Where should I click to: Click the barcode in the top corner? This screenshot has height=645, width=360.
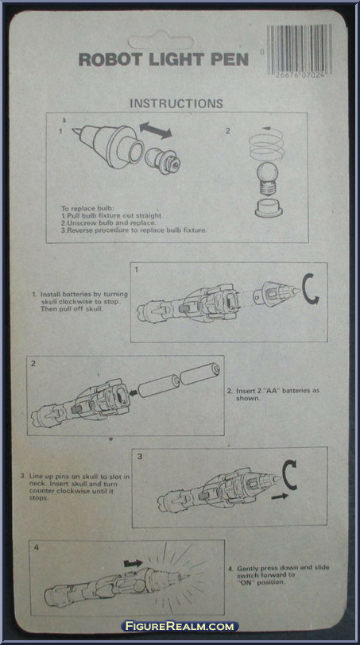pos(299,49)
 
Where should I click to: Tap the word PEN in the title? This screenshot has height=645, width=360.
pos(230,60)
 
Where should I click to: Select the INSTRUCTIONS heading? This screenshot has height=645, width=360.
pos(176,103)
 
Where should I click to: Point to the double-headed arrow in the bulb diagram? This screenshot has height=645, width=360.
pos(156,130)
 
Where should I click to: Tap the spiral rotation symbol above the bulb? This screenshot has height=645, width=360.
pos(266,143)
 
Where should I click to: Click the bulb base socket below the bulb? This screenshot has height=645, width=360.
pos(269,207)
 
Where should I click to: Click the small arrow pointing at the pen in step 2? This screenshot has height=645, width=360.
pos(133,393)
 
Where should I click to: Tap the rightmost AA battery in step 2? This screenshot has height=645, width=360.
pos(200,373)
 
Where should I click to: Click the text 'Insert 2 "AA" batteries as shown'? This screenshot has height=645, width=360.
pos(277,394)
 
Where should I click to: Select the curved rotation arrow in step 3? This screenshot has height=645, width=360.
pos(289,475)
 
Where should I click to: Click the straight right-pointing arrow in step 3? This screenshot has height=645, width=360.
pos(280,496)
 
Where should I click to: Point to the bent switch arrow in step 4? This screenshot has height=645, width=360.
pos(133,563)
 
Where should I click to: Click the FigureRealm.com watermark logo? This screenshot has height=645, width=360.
pos(180,626)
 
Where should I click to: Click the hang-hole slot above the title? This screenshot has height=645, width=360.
pos(161,42)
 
